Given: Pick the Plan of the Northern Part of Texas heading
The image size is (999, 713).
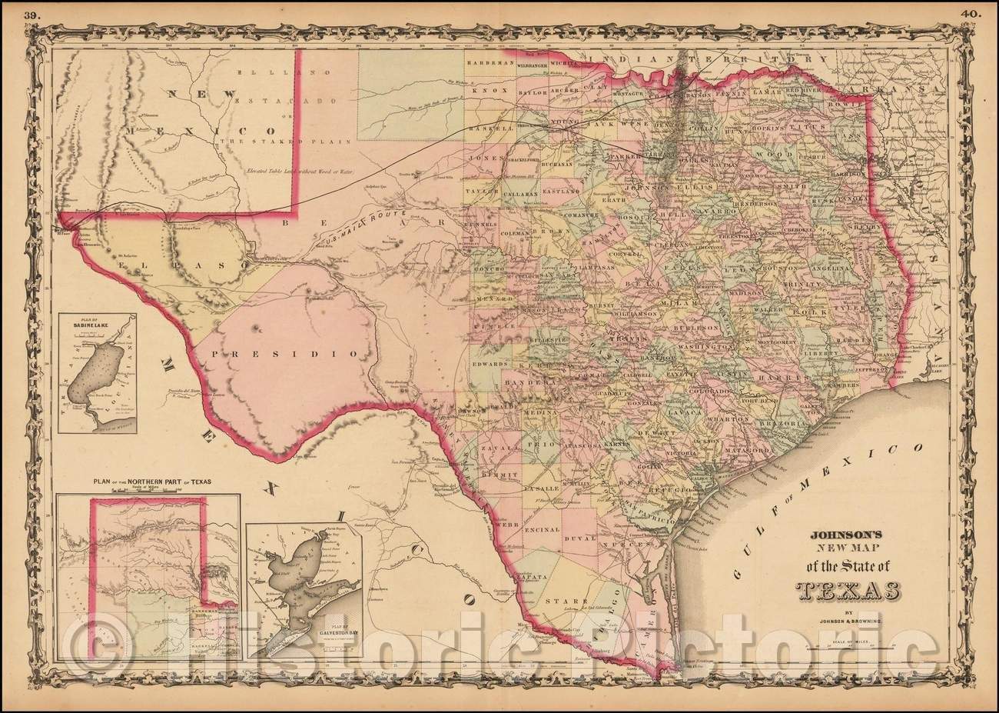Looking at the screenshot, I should pyautogui.click(x=152, y=482).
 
